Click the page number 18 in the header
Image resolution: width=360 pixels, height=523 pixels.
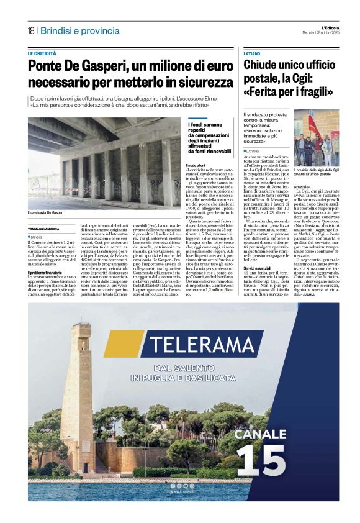[x=30, y=30]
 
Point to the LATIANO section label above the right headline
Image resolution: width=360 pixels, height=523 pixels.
[x=251, y=54]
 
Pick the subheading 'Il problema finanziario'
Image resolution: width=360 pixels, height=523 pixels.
[x=45, y=272]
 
